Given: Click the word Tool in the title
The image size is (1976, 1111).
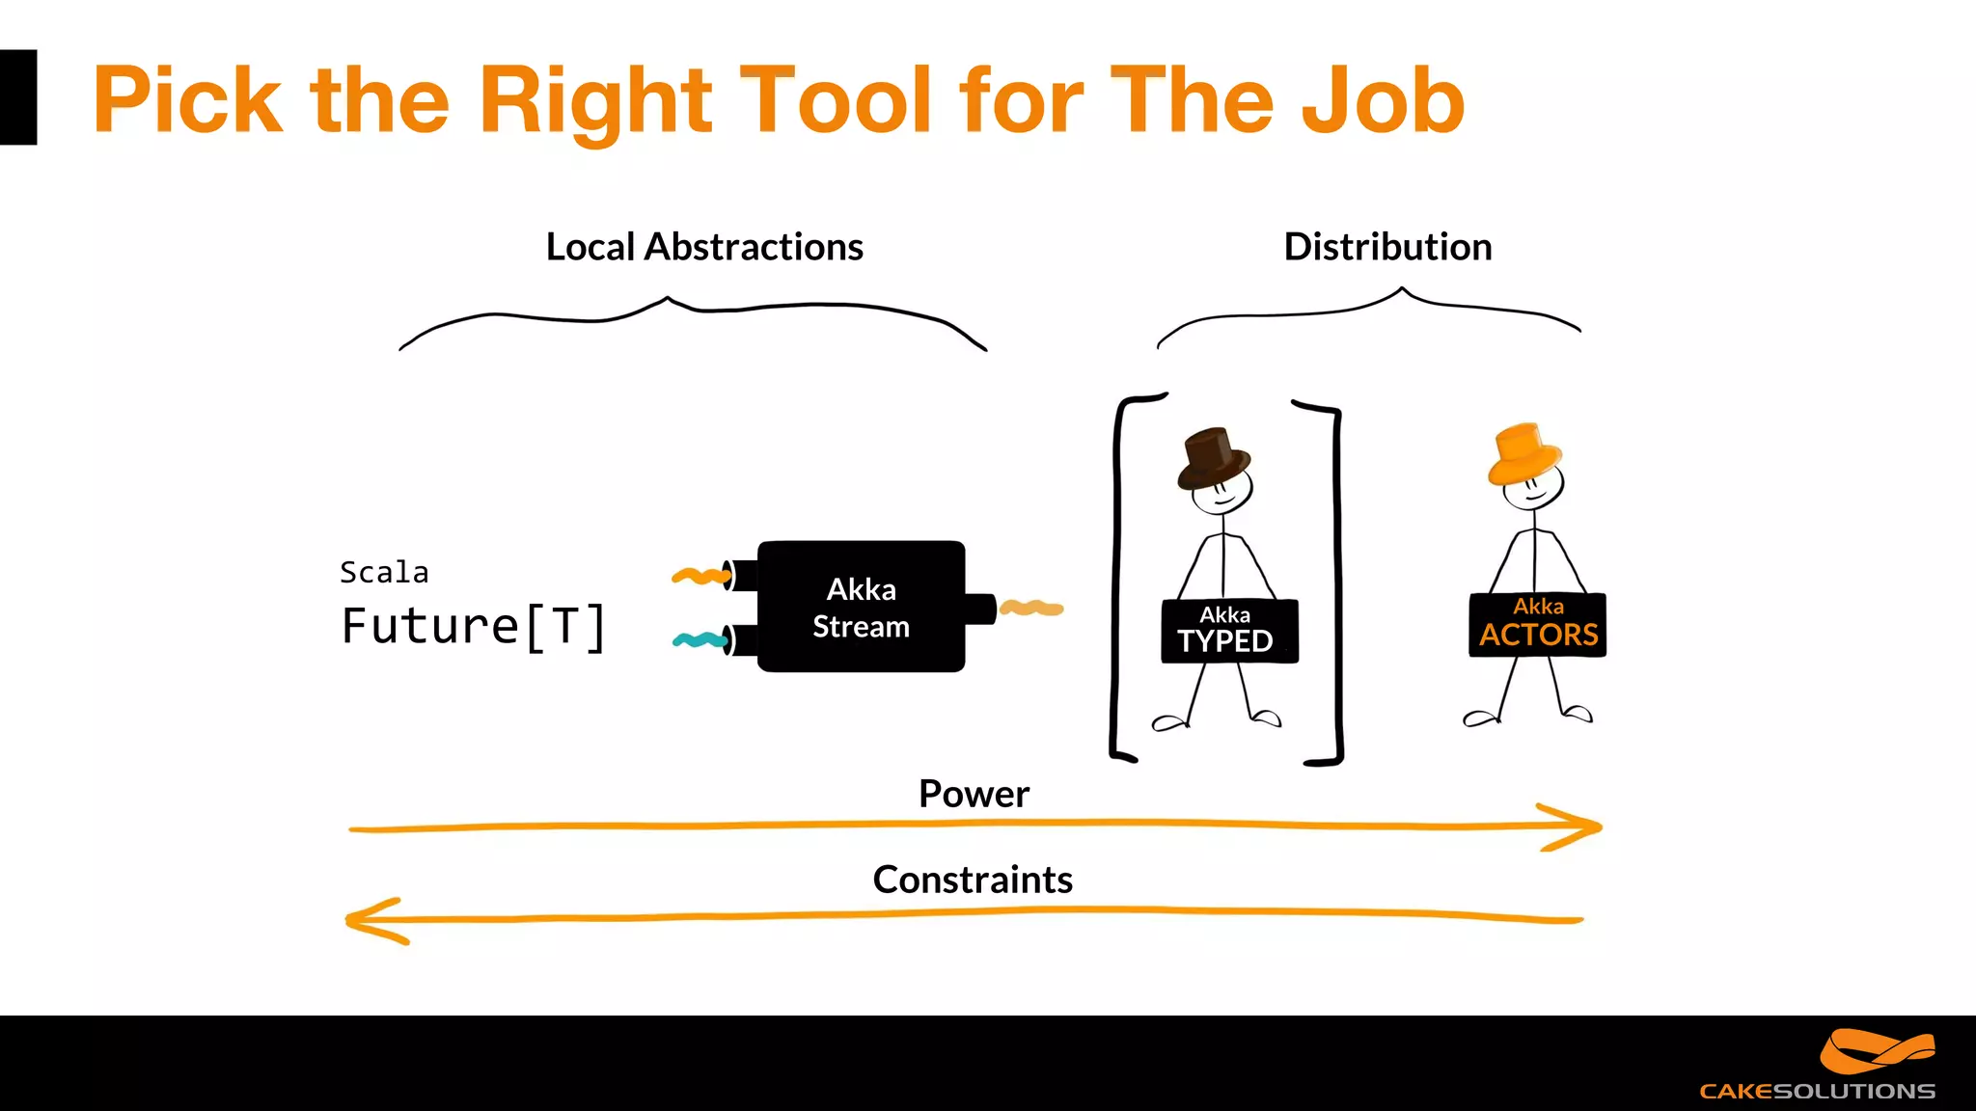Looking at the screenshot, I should [x=837, y=99].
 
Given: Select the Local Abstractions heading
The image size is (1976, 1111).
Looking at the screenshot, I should [x=704, y=247].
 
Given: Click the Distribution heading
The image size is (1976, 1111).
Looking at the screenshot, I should [x=1387, y=247].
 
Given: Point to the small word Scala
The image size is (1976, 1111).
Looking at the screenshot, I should [x=384, y=573].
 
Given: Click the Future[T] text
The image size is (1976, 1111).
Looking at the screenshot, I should [x=474, y=627].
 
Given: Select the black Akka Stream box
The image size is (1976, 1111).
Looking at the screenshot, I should [x=861, y=607].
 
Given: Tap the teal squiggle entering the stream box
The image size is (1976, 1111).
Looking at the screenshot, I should [x=700, y=639].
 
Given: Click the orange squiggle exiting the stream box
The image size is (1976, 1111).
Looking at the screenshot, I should [x=1031, y=608].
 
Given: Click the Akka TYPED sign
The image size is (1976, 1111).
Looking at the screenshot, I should [x=1229, y=631].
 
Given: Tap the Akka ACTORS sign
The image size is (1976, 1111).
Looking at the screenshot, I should [x=1537, y=625].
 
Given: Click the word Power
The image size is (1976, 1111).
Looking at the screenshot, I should [x=974, y=794].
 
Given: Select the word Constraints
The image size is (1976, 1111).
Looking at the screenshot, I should [x=973, y=880].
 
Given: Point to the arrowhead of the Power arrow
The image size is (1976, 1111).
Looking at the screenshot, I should [x=1582, y=826].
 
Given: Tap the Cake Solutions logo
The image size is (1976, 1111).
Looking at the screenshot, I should [x=1833, y=1066].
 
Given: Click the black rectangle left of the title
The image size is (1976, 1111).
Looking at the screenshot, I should [x=17, y=97].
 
